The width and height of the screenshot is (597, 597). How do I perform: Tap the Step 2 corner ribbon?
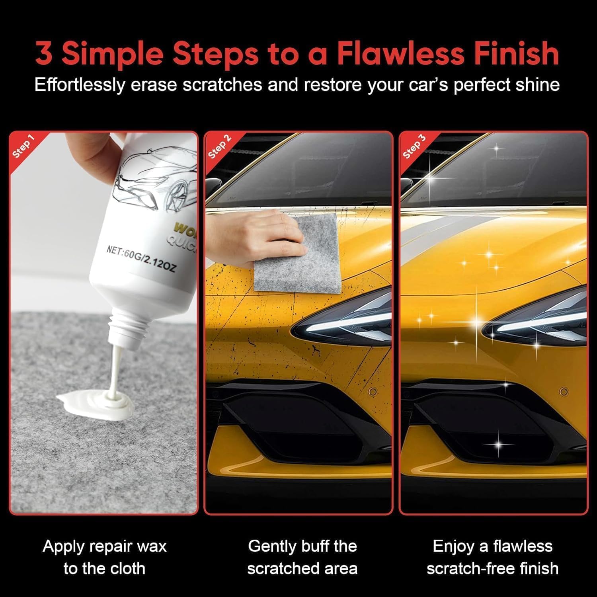click(219, 146)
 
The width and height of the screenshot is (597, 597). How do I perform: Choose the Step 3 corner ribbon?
click(414, 146)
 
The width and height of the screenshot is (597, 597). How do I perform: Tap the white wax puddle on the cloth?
click(96, 402)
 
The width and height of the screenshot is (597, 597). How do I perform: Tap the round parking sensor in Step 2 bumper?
click(373, 392)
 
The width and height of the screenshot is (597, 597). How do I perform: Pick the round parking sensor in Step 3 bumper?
click(564, 392)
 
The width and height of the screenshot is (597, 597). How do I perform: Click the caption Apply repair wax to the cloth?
click(104, 557)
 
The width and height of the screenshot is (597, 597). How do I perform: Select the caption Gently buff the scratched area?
click(302, 557)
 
